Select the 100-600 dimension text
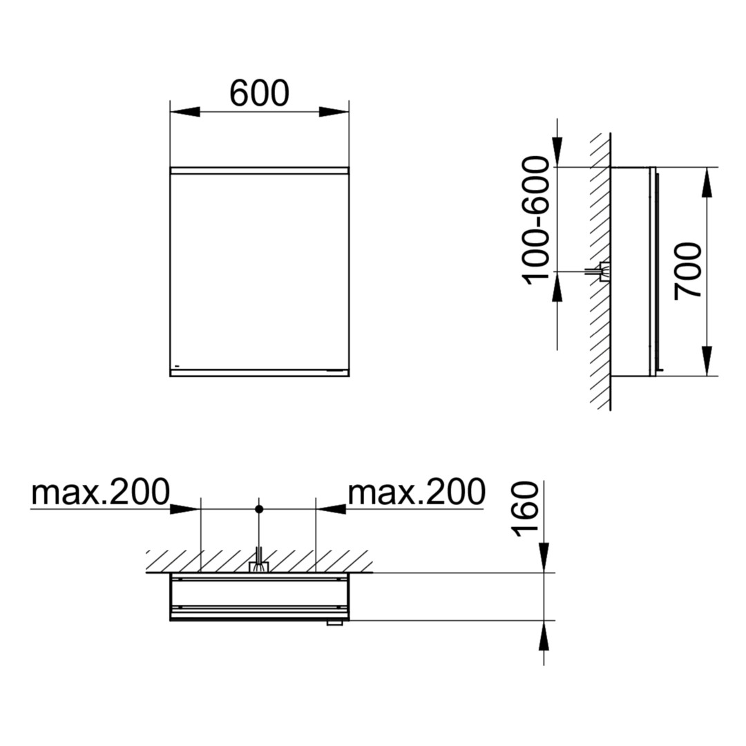[x=536, y=220]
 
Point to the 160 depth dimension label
[x=525, y=509]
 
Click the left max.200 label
[x=100, y=492]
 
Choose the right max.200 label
[x=417, y=492]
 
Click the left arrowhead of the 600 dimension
[x=184, y=112]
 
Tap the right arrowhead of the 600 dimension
[x=334, y=112]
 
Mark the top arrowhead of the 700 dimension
[x=707, y=182]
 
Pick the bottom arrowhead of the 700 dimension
[x=707, y=361]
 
